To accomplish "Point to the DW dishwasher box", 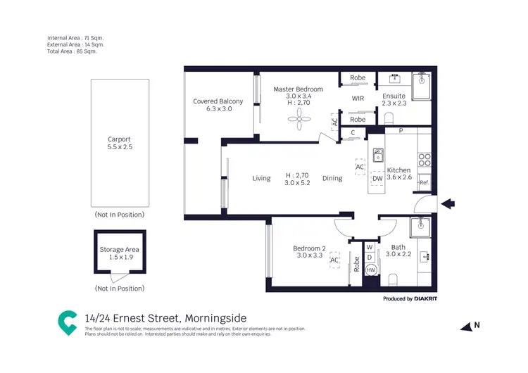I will [377, 178].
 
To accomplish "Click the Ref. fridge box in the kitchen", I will [425, 182].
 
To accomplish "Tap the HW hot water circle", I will [371, 270].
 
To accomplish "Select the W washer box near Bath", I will [370, 247].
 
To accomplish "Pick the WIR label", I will [358, 99].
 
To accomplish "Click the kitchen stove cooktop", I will [424, 160].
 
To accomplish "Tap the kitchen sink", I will [378, 154].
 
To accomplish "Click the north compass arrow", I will [467, 327].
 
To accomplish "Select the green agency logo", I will [68, 322].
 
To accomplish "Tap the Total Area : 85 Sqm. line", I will [72, 51].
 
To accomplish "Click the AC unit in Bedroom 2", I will [334, 259].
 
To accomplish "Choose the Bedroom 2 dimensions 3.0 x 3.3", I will [309, 255].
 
